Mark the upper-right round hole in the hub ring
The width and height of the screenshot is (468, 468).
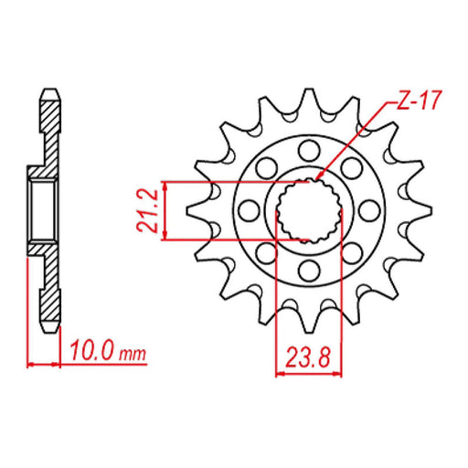(x=351, y=167)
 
